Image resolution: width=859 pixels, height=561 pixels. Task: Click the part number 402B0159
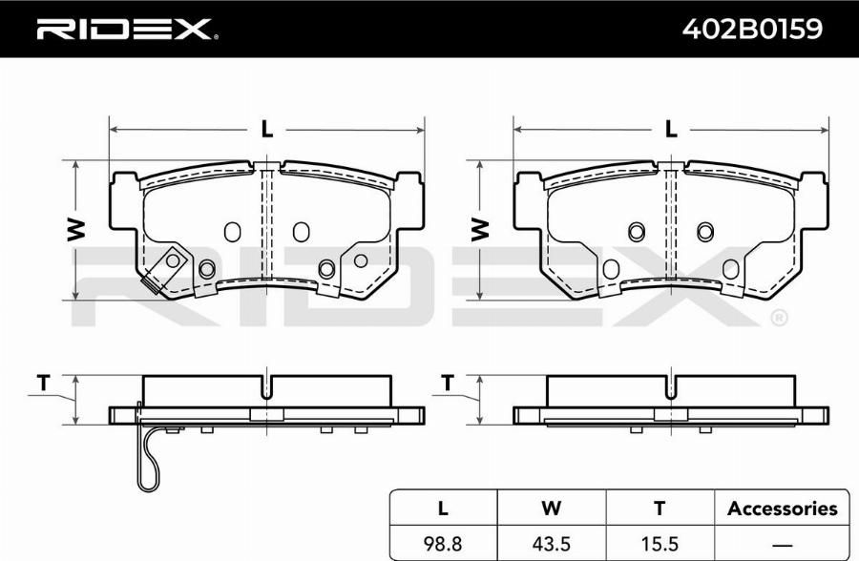coord(752,28)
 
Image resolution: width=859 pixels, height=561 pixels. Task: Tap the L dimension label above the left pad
coord(266,130)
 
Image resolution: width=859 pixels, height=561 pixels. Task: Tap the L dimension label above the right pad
coord(671,130)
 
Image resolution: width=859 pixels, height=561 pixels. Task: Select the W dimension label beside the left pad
coord(75,230)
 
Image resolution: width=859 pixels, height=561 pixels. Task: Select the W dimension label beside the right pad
coord(480,230)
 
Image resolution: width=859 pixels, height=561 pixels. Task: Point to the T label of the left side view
coord(44,383)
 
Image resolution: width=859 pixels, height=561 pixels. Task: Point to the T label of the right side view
coord(449,383)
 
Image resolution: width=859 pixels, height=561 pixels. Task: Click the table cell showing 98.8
coord(443,544)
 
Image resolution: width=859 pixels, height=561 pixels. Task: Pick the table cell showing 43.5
coord(551,544)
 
